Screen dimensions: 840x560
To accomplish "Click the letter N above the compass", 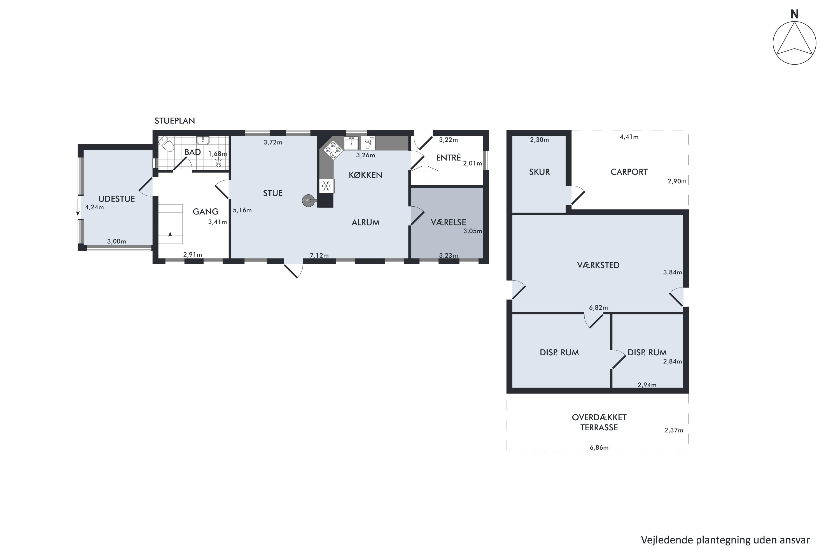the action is click(794, 14).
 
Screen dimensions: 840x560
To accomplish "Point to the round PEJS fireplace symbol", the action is click(309, 200).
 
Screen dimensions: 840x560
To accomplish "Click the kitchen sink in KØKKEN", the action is click(351, 143).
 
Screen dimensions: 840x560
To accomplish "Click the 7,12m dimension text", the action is click(319, 255).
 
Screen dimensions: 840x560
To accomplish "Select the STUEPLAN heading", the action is click(175, 121).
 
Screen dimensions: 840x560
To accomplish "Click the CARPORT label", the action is click(629, 172).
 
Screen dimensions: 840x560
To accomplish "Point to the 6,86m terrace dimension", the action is click(599, 447).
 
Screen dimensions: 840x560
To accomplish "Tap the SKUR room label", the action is click(539, 172).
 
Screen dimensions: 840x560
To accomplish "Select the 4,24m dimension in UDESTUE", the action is click(94, 207).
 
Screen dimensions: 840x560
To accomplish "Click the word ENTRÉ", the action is click(448, 157).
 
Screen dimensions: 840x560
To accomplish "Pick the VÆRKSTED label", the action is click(598, 265).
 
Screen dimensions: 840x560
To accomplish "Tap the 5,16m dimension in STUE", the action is click(242, 210).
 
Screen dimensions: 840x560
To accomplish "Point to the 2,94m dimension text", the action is click(647, 385).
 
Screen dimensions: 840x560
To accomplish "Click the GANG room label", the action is click(205, 211).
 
